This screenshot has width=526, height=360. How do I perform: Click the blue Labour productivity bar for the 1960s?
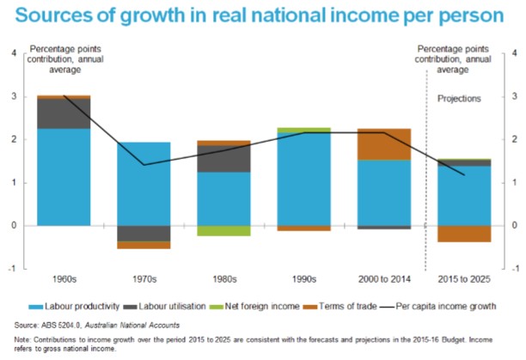64,176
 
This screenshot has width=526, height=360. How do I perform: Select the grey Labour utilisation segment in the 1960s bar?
64,113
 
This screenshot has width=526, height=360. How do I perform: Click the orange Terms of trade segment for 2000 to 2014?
384,144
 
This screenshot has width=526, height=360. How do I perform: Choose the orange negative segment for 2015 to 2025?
463,233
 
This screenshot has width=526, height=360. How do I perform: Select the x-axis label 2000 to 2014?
383,278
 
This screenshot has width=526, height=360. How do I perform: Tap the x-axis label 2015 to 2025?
464,278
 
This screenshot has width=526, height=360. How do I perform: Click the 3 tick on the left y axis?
13,96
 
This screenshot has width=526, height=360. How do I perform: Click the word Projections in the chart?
461,98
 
